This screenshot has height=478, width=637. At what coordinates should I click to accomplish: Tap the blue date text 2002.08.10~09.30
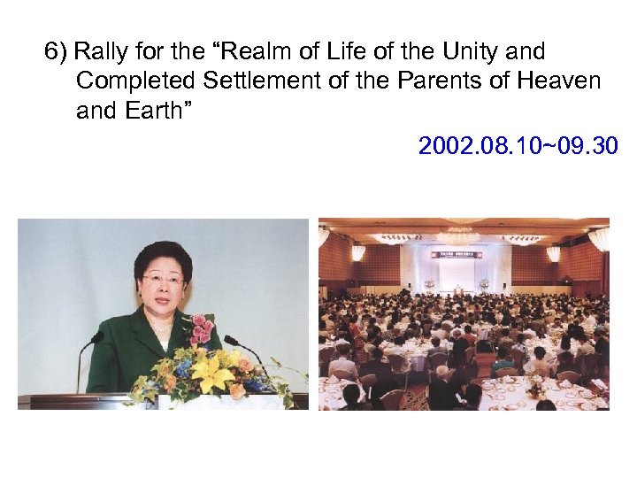pos(518,145)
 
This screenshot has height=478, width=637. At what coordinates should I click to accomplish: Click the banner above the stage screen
pos(457,255)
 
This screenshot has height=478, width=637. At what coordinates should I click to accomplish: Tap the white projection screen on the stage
pos(457,274)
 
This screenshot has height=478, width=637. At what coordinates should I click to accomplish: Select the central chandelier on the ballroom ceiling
pos(458,235)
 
